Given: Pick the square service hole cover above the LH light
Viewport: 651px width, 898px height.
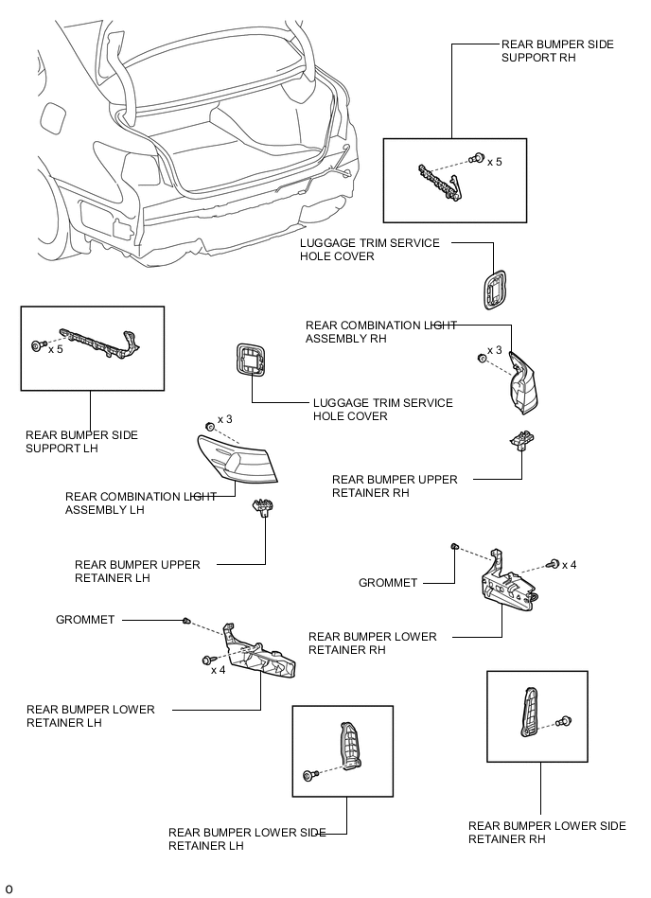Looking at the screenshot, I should pos(249,360).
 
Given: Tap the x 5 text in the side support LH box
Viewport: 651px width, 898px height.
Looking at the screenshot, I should pos(56,348).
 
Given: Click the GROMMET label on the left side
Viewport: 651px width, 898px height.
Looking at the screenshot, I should pos(85,620).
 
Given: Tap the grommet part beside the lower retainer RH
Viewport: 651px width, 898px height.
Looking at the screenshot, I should pos(455,547).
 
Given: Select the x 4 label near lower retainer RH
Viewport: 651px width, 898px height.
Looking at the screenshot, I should pos(570,565).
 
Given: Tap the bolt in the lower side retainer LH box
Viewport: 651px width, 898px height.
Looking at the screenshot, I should pos(308,776).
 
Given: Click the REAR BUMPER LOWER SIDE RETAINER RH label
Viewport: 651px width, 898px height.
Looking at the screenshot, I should pos(546,833).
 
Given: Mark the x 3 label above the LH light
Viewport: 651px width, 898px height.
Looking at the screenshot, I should pos(225,418).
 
